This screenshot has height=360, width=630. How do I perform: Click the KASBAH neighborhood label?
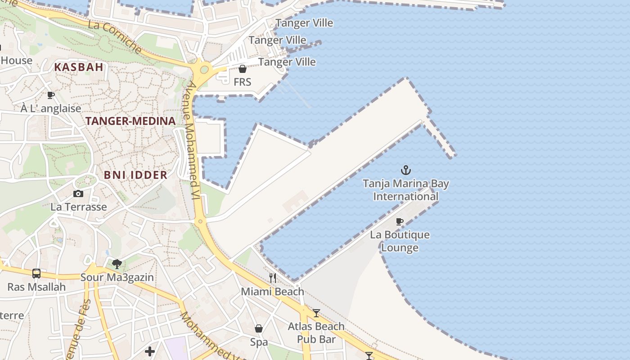79,67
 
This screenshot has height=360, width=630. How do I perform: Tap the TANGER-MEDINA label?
130,121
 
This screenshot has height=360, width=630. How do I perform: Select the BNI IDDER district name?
135,175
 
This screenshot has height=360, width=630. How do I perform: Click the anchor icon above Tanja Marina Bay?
406,170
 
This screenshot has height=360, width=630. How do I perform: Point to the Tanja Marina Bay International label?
406,190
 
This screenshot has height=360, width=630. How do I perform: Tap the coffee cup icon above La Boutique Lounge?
399,221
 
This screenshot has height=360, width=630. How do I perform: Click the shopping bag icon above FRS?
243,69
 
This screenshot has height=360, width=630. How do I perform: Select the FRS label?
243,82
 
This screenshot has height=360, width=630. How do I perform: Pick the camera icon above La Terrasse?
78,193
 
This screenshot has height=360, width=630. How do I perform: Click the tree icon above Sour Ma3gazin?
117,264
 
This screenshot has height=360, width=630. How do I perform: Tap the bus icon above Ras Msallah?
36,273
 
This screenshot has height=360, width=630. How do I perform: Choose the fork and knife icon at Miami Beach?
273,278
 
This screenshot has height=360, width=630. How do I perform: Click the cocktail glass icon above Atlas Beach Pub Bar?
316,313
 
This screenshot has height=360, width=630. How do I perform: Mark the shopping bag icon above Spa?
259,328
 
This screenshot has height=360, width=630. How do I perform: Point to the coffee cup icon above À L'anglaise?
51,95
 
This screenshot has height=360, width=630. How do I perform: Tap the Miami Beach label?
273,292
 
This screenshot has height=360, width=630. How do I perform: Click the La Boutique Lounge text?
400,241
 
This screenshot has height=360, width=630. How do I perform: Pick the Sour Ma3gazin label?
117,277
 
